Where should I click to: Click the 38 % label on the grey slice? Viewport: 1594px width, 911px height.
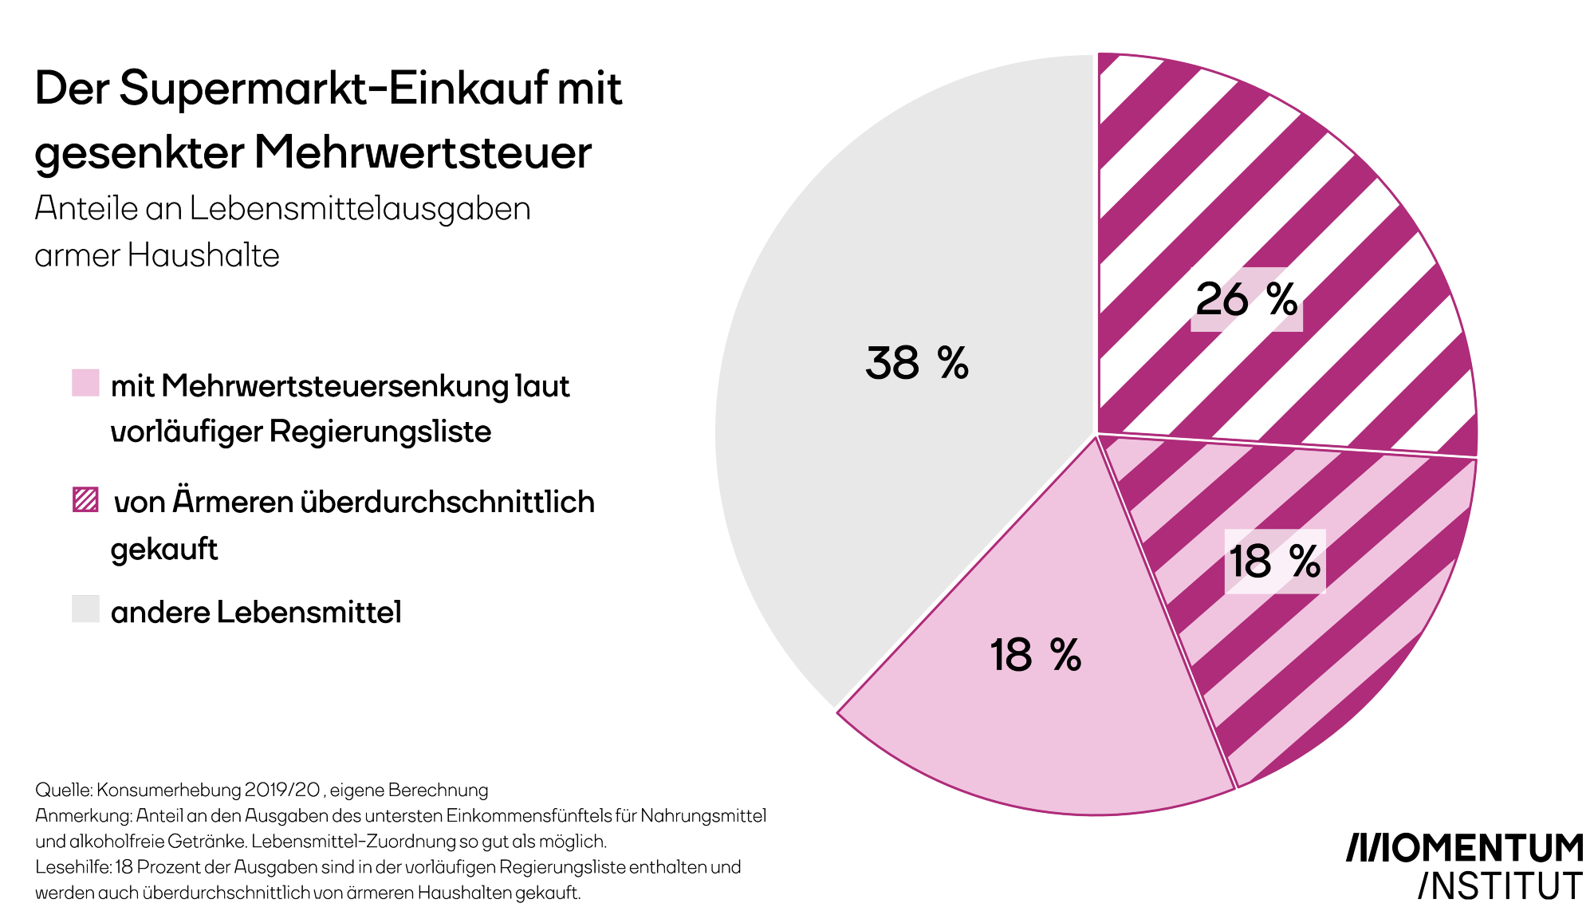click(917, 363)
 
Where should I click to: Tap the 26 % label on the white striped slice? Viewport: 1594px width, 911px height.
click(1246, 300)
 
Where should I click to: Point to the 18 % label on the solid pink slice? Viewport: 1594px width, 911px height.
click(1035, 655)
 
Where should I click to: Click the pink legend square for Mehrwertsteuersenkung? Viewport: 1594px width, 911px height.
click(85, 383)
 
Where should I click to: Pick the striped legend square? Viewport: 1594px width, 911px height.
click(85, 500)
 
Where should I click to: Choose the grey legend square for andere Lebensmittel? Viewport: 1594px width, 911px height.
click(85, 609)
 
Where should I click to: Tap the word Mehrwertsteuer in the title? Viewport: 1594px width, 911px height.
click(423, 152)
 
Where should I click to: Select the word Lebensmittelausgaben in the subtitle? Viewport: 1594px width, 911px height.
click(360, 208)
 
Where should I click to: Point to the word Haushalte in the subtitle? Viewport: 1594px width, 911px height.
click(203, 255)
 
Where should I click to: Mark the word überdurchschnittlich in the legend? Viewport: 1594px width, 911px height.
click(447, 502)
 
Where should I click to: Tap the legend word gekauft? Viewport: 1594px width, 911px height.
click(164, 550)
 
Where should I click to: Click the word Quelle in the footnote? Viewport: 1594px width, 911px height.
click(63, 791)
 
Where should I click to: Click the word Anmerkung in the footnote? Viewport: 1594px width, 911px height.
click(82, 816)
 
